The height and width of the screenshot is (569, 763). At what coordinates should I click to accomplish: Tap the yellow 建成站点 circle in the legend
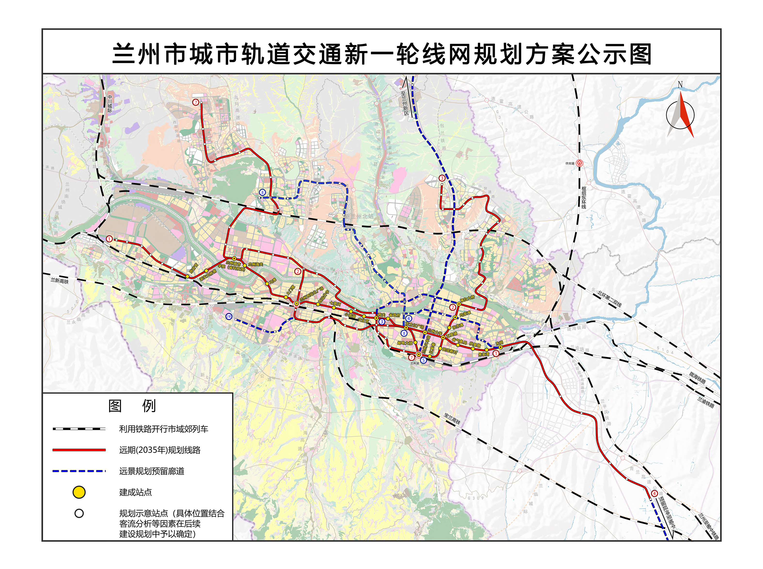click(x=79, y=492)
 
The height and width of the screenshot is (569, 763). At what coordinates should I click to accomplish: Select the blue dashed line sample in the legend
click(x=79, y=471)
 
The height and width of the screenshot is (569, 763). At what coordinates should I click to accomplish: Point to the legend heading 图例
click(x=132, y=406)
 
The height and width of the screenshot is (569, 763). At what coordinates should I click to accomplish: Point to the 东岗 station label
click(x=499, y=343)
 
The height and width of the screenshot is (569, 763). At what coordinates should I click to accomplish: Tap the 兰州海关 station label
click(x=255, y=264)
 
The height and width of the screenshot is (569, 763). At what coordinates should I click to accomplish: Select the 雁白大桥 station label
click(x=467, y=298)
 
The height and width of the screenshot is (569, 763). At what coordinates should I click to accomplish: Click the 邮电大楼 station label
click(x=405, y=343)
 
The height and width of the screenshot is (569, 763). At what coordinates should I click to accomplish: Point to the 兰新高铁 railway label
click(x=60, y=281)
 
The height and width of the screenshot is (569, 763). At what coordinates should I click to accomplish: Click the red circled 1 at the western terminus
click(x=109, y=239)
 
